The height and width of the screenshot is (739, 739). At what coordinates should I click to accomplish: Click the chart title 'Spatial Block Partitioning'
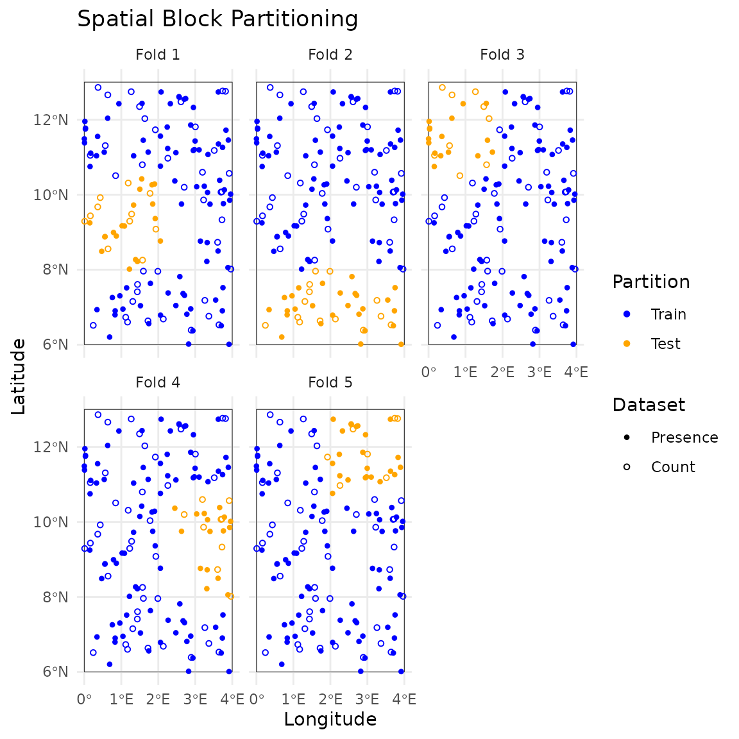click(x=217, y=19)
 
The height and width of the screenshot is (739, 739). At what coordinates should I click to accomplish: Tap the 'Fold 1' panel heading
click(x=158, y=55)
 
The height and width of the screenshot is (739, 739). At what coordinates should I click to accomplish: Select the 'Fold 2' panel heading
click(x=330, y=55)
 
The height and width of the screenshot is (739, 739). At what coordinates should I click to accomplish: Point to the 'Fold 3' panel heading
click(x=502, y=55)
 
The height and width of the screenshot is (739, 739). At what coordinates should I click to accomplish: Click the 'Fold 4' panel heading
click(x=158, y=382)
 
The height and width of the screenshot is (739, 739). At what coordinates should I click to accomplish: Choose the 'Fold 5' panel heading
click(x=330, y=382)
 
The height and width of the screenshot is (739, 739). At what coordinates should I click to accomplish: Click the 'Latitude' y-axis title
click(x=19, y=377)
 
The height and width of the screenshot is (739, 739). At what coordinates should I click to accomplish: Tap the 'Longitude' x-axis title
click(x=330, y=719)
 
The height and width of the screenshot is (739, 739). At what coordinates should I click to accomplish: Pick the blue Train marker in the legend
click(x=627, y=314)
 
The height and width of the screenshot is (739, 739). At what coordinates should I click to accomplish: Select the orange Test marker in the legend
click(x=627, y=344)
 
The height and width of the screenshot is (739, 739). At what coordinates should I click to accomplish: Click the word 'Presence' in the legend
click(x=684, y=437)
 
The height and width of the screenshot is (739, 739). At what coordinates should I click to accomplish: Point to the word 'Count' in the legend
click(x=672, y=467)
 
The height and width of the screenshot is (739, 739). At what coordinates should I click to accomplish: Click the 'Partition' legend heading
click(x=650, y=282)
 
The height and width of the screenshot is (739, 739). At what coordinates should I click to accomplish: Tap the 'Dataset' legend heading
click(x=649, y=405)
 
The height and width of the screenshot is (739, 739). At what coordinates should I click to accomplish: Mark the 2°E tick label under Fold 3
click(x=502, y=372)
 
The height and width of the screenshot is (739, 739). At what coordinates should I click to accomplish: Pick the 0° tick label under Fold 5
click(x=257, y=699)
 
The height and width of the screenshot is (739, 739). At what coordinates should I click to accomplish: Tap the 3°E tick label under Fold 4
click(x=195, y=699)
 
